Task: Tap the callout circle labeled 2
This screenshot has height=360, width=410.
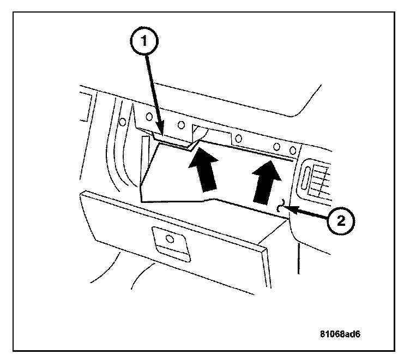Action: pos(340,220)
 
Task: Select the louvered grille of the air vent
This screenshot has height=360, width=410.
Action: pos(321,181)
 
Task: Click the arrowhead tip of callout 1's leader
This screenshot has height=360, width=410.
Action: pos(162,133)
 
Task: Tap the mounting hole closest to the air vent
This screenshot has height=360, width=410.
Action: pos(293,149)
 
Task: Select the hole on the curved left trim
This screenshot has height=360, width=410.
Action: pos(123,121)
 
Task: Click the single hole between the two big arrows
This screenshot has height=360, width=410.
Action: pos(237,137)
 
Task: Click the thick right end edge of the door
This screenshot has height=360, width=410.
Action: pos(268,268)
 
